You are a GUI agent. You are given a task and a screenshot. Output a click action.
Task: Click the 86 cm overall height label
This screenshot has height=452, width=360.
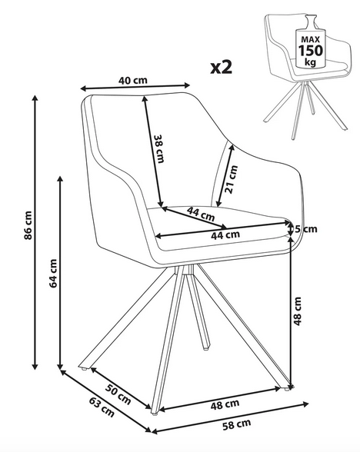(x=28, y=225)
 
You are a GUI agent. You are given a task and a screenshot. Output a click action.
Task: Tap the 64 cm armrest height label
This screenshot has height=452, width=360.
(x=53, y=274)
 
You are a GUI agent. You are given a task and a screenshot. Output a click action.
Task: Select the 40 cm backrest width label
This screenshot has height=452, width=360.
(x=133, y=80)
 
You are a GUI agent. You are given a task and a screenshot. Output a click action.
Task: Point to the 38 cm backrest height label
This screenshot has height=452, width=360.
(x=159, y=149)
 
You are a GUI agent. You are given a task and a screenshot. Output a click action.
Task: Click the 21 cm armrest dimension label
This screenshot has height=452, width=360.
(x=232, y=179)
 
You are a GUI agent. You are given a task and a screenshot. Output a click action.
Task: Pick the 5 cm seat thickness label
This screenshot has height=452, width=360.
(x=305, y=229)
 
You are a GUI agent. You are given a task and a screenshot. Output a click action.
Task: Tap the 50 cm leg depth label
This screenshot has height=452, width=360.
(x=118, y=394)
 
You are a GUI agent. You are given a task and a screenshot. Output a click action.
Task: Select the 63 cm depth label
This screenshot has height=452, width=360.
(x=102, y=407)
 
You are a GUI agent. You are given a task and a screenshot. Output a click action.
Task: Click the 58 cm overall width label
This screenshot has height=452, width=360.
(x=237, y=424)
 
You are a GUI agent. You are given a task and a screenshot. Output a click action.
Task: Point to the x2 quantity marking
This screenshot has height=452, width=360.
(x=221, y=67)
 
